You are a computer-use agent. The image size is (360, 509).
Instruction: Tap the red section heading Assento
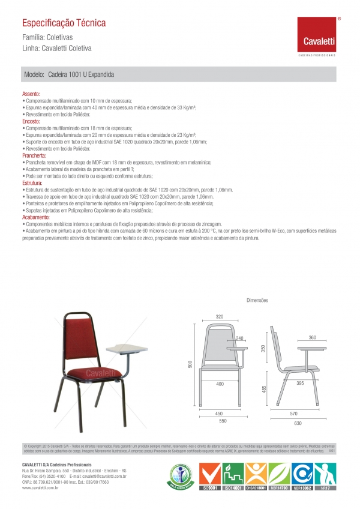pyautogui.click(x=31, y=95)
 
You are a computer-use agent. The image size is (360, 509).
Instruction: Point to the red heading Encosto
pyautogui.click(x=31, y=121)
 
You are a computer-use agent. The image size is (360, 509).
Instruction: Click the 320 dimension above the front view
pyautogui.click(x=220, y=316)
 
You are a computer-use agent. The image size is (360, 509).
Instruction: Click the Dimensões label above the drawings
pyautogui.click(x=257, y=300)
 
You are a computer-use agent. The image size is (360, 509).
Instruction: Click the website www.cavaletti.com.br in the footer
pyautogui.click(x=40, y=489)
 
